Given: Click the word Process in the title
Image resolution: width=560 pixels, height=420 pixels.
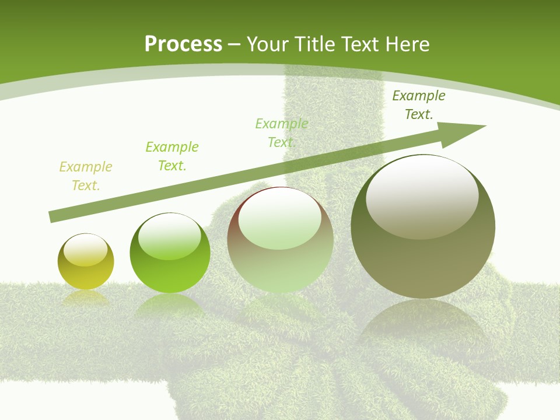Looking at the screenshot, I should coord(183,44).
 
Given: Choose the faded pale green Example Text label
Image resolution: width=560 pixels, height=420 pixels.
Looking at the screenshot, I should coord(282,133).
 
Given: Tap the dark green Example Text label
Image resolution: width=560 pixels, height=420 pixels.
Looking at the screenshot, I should coord(419,105).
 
